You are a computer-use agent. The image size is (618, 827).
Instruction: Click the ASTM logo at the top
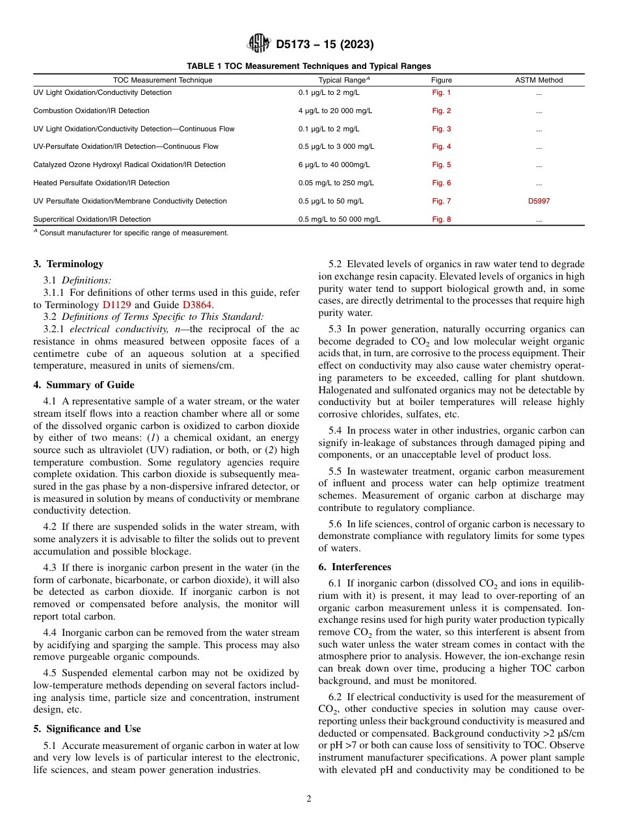259,44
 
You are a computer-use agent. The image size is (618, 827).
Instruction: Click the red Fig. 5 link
441,165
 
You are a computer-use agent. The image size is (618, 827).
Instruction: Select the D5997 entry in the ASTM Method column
539,202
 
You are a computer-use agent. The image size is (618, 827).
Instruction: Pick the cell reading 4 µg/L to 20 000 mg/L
335,111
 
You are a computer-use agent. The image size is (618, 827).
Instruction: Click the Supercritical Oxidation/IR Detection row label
92,220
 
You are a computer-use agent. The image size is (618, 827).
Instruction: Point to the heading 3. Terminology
68,264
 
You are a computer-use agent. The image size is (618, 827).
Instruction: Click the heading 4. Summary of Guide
84,385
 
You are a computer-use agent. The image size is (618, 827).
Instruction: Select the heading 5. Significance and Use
87,729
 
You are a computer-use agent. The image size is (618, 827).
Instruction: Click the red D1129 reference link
116,304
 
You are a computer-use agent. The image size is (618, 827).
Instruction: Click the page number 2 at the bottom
309,799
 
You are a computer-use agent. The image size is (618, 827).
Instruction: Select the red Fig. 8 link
441,220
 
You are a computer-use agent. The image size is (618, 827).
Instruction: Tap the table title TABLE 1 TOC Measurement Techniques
308,66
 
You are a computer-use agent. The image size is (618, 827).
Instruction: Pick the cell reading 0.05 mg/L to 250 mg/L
336,183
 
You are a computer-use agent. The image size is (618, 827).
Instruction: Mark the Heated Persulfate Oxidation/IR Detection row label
101,183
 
